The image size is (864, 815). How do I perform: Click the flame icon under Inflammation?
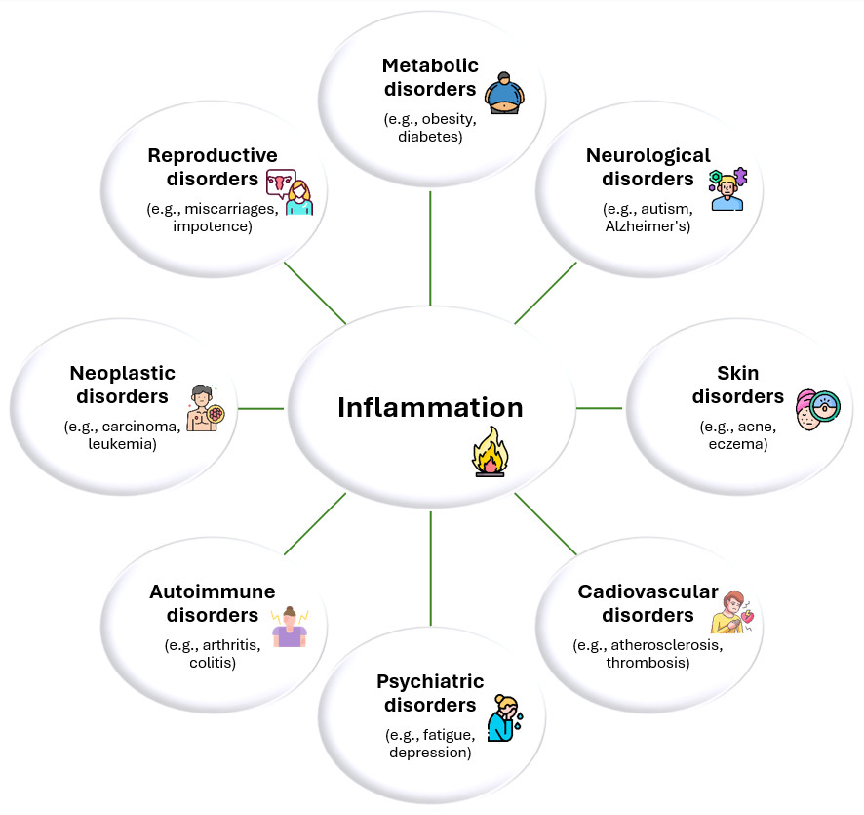[x=489, y=452]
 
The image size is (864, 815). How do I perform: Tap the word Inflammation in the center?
[x=430, y=407]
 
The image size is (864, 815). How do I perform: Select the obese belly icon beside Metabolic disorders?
[x=504, y=92]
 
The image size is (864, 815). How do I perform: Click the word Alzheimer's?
[x=648, y=226]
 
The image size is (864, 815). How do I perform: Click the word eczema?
[x=739, y=444]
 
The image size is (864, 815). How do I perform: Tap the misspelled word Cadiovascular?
[x=648, y=592]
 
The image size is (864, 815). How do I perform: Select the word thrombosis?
[x=648, y=663]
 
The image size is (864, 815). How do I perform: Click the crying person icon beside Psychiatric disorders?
[x=505, y=717]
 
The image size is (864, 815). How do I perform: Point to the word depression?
[x=430, y=753]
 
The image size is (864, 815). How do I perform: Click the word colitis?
[x=213, y=663]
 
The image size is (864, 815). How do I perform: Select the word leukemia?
[x=122, y=444]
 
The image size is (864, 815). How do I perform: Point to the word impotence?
[x=213, y=226]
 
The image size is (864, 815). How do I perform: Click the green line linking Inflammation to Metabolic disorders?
[x=430, y=248]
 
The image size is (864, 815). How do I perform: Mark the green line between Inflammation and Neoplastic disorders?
[x=260, y=408]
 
